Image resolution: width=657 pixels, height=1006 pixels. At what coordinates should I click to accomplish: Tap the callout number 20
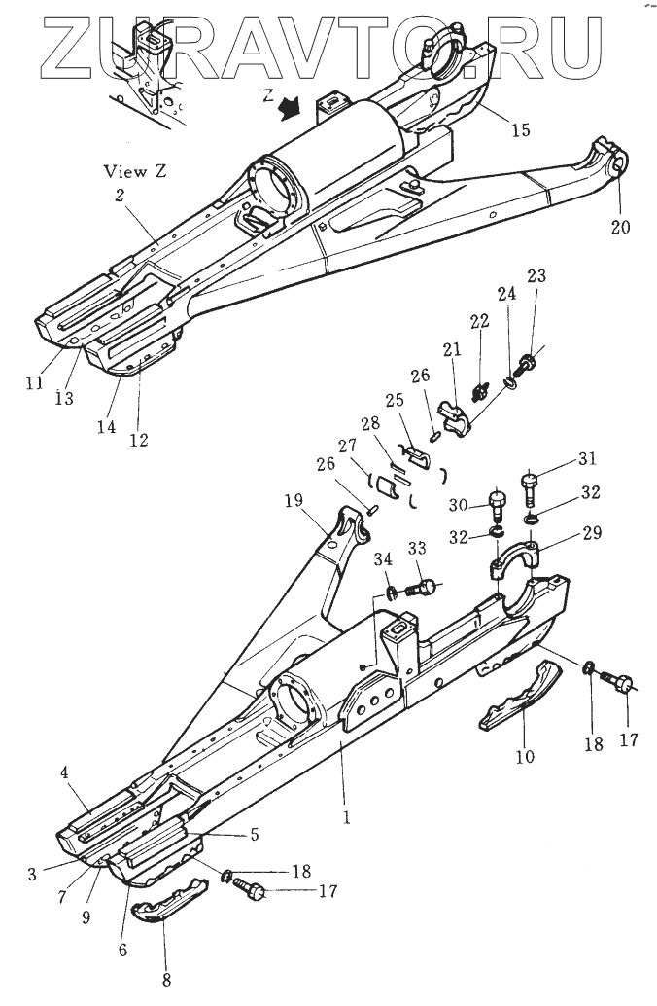620,227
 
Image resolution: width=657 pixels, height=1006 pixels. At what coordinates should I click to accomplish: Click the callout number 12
138,440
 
